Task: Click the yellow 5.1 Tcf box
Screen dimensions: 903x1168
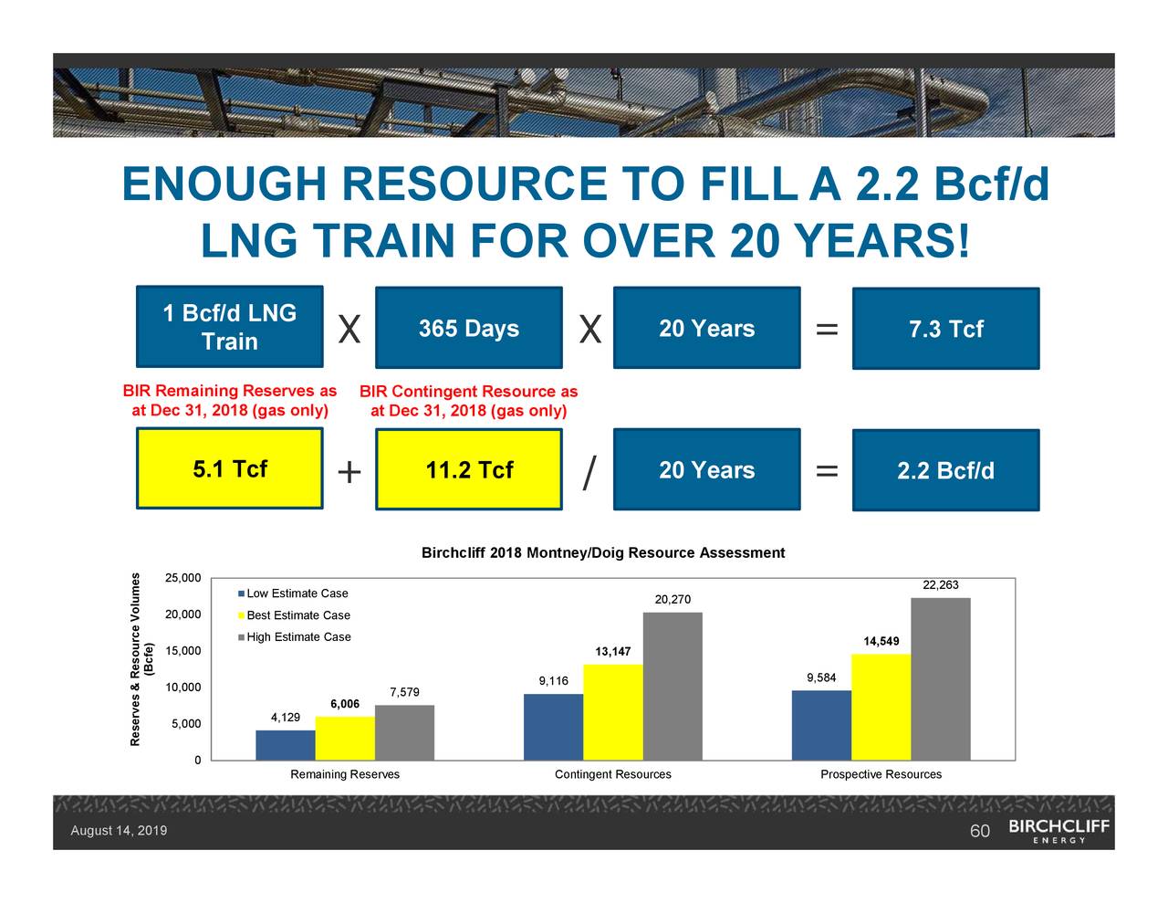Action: point(229,468)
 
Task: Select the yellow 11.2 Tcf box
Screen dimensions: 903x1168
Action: point(468,469)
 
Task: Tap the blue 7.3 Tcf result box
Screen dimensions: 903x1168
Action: point(945,329)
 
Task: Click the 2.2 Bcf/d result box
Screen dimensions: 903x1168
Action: point(945,470)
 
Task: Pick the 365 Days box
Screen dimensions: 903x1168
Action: point(468,328)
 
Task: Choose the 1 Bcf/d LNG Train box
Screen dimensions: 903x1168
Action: point(229,327)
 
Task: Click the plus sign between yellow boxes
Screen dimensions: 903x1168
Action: point(349,473)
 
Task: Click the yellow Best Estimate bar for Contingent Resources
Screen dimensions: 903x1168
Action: point(612,712)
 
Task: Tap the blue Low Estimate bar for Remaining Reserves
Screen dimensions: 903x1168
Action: point(285,745)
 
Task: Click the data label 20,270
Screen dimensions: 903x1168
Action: point(673,599)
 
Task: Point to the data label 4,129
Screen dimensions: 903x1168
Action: point(286,718)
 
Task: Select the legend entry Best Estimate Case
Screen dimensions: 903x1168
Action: point(297,615)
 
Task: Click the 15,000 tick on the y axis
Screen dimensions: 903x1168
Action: point(182,651)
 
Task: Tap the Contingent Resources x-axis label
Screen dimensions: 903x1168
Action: point(612,774)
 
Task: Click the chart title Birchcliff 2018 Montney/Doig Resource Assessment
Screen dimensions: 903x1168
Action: point(602,553)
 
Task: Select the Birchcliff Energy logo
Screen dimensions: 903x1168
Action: point(1058,830)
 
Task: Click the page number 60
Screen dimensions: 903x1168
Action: point(979,831)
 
